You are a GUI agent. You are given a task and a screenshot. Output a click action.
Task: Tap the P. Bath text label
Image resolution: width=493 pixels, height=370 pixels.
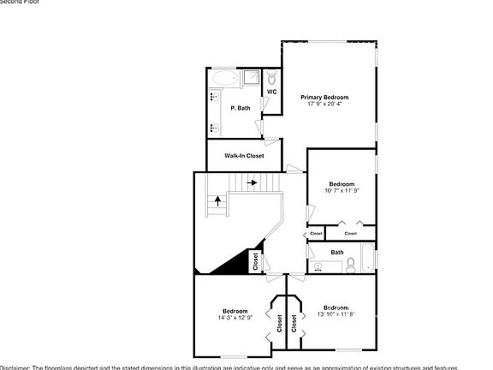click(x=241, y=108)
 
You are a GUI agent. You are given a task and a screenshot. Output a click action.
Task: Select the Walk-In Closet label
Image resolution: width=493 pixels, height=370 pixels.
click(x=244, y=156)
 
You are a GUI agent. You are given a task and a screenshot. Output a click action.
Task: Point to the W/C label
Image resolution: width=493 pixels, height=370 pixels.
click(x=271, y=92)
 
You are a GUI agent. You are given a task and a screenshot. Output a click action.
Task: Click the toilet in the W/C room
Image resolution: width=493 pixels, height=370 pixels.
click(x=271, y=77)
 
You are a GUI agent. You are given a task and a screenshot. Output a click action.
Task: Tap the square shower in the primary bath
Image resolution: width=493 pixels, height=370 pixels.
click(x=252, y=78)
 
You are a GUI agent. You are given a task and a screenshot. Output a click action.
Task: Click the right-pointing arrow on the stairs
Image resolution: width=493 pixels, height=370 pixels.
click(x=252, y=182)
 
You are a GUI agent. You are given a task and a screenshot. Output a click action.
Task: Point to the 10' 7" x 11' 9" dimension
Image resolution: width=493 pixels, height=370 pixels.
click(x=342, y=191)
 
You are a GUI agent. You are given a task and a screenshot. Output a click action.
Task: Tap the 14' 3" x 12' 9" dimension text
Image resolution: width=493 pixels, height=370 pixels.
click(x=235, y=318)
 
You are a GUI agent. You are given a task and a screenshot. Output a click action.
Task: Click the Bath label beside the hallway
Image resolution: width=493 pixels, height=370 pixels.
click(x=337, y=252)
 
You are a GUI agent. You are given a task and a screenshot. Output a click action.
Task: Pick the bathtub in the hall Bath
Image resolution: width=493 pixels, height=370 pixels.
click(x=367, y=258)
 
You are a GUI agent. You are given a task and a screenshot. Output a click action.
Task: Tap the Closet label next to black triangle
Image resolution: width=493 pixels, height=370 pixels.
click(x=255, y=261)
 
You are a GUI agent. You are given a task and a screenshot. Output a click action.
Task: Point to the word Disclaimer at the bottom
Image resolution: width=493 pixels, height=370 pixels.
click(x=15, y=367)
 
